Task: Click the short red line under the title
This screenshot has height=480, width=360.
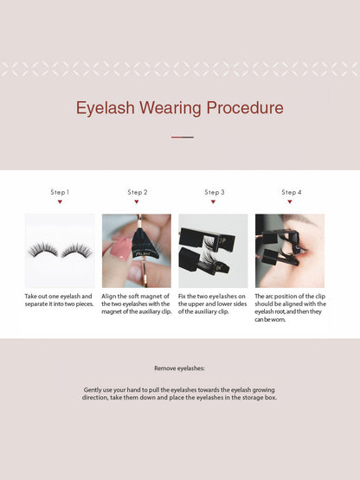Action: click(x=182, y=137)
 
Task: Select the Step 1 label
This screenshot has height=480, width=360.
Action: click(x=60, y=192)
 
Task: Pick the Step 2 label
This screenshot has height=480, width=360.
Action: click(x=137, y=192)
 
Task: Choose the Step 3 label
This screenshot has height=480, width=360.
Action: click(x=214, y=192)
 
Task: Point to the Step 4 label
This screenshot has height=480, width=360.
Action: click(x=291, y=192)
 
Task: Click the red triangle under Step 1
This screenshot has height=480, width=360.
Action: click(x=60, y=202)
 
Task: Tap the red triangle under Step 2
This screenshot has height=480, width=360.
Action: click(x=137, y=202)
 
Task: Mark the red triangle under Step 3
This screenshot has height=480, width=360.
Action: click(x=214, y=202)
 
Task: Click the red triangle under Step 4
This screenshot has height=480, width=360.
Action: click(x=291, y=202)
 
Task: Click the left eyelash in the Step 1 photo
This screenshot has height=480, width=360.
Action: click(x=43, y=250)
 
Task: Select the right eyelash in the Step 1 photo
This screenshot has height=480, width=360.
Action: click(x=76, y=250)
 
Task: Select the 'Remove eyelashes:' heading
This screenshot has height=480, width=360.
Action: click(x=180, y=368)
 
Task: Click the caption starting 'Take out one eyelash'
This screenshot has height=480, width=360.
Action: click(x=59, y=300)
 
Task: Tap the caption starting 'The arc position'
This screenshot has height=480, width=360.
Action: click(x=291, y=308)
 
